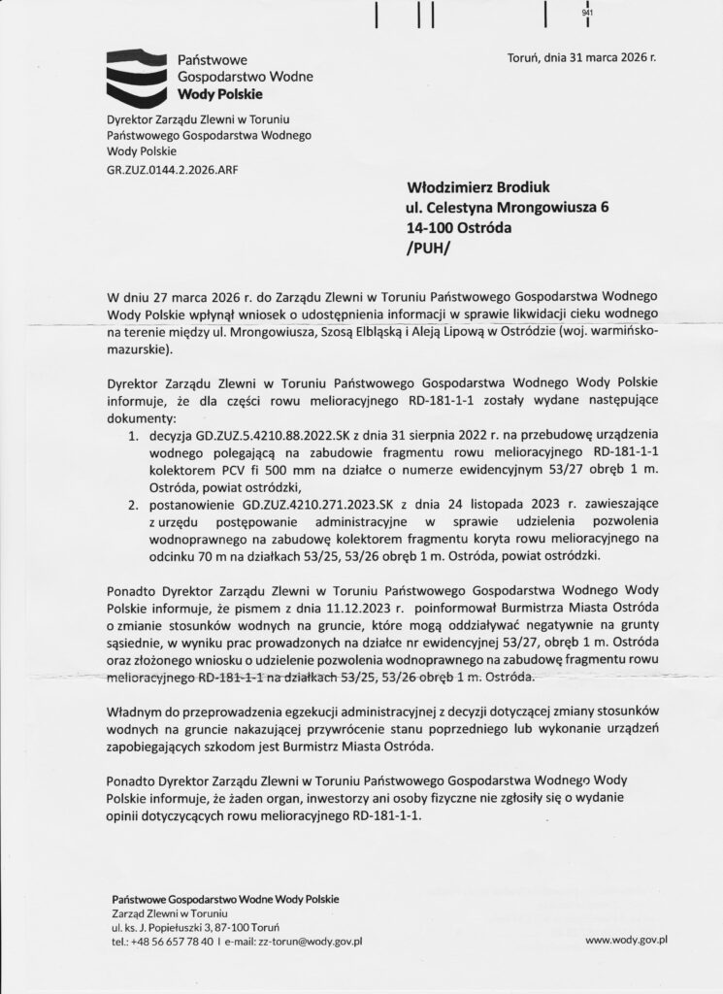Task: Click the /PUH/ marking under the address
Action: click(x=427, y=248)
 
